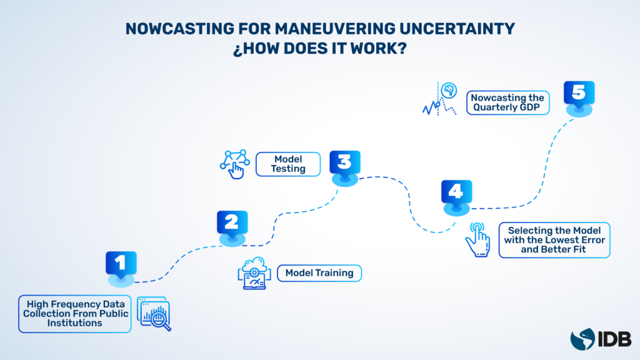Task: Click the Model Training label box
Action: click(x=319, y=272)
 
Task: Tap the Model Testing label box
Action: click(x=288, y=164)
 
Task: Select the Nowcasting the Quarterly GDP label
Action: click(x=507, y=102)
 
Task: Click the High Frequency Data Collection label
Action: click(x=75, y=314)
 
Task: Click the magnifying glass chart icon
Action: click(x=154, y=314)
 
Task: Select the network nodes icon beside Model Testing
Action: click(x=235, y=164)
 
